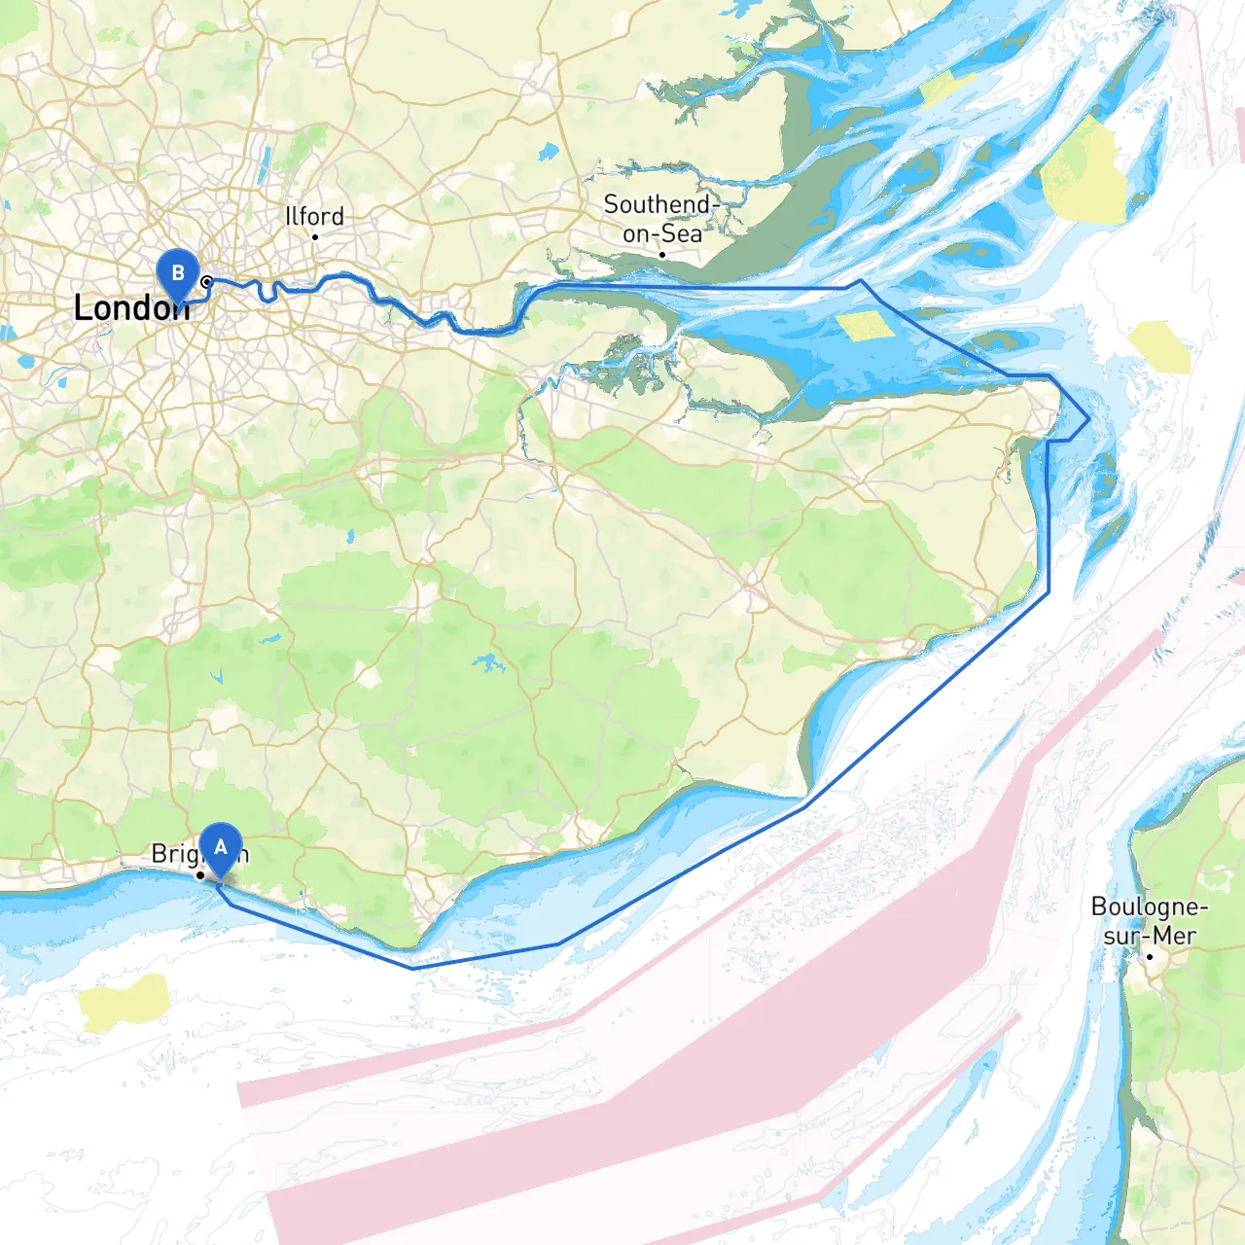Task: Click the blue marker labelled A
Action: coord(221,848)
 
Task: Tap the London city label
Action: coord(130,308)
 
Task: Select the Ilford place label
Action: coord(314,216)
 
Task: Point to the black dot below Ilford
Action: coord(315,236)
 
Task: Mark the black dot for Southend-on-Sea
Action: coord(662,255)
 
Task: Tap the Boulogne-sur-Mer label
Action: coord(1150,920)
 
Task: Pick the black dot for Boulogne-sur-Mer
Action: coord(1150,956)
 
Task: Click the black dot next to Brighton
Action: coord(200,875)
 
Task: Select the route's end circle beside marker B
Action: coord(206,282)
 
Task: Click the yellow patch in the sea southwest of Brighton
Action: coord(124,1002)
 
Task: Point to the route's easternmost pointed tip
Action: coord(1087,420)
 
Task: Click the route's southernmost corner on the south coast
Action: coord(412,968)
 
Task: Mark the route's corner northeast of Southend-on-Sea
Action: coord(860,282)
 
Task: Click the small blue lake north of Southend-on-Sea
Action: coord(550,152)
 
